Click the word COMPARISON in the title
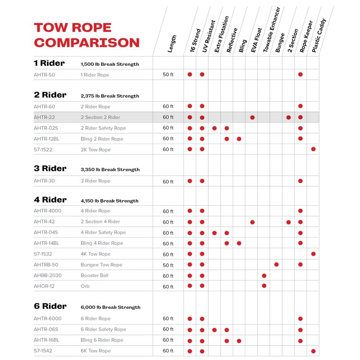[x=87, y=43]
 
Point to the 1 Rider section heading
[x=49, y=63]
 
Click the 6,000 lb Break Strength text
[x=110, y=307]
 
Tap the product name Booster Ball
[x=94, y=275]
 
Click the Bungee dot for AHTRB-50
[x=276, y=265]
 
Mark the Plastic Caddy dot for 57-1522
[x=313, y=149]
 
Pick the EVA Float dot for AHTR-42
[x=252, y=222]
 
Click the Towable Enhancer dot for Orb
[x=264, y=286]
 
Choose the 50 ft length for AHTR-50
[x=168, y=75]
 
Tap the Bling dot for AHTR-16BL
[x=239, y=341]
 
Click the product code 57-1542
[x=44, y=351]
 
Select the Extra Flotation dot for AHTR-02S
[x=215, y=128]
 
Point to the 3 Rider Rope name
[x=95, y=181]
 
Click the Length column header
[x=172, y=44]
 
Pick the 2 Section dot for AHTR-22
[x=288, y=117]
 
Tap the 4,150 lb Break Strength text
[x=110, y=201]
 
